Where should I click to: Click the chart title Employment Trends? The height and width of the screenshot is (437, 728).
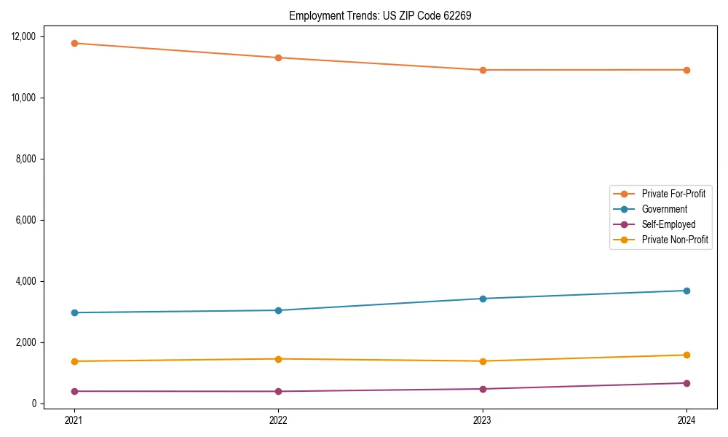pyautogui.click(x=380, y=15)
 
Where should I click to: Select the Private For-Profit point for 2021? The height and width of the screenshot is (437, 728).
pyautogui.click(x=74, y=43)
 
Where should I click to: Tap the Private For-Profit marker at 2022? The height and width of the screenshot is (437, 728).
pyautogui.click(x=278, y=58)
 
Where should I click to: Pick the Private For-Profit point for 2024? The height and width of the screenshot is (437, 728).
pyautogui.click(x=687, y=70)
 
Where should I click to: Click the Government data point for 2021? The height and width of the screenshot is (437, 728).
pyautogui.click(x=74, y=312)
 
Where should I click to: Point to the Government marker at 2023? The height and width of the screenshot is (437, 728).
pyautogui.click(x=483, y=299)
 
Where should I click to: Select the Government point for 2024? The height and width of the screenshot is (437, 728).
pyautogui.click(x=687, y=291)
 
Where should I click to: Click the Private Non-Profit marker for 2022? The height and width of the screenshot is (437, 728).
pyautogui.click(x=278, y=359)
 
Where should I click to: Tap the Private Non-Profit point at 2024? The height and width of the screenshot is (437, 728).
pyautogui.click(x=687, y=355)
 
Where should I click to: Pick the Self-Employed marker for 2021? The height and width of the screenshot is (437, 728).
pyautogui.click(x=74, y=391)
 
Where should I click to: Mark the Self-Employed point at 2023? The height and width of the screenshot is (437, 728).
pyautogui.click(x=483, y=389)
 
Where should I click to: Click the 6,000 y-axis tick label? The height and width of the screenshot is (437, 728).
pyautogui.click(x=30, y=220)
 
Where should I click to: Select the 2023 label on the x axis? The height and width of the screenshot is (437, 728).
pyautogui.click(x=483, y=420)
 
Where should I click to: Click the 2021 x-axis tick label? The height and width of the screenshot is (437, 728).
pyautogui.click(x=74, y=420)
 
